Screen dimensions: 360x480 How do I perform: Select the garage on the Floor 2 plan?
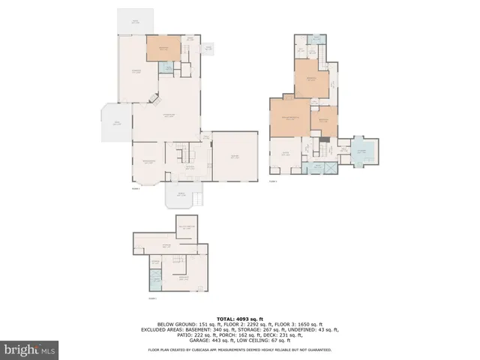pyautogui.click(x=235, y=156)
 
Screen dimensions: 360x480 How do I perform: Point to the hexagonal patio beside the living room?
pyautogui.click(x=116, y=122)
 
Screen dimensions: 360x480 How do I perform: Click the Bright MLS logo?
pyautogui.click(x=30, y=349)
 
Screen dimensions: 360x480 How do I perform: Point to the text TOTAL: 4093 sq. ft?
pyautogui.click(x=239, y=317)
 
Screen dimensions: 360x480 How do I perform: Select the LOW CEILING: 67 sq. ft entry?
pyautogui.click(x=266, y=340)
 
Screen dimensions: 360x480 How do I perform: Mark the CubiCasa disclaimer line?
pyautogui.click(x=239, y=350)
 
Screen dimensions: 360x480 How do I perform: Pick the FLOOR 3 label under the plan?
pyautogui.click(x=274, y=181)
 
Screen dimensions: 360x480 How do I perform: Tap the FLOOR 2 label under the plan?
pyautogui.click(x=136, y=188)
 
